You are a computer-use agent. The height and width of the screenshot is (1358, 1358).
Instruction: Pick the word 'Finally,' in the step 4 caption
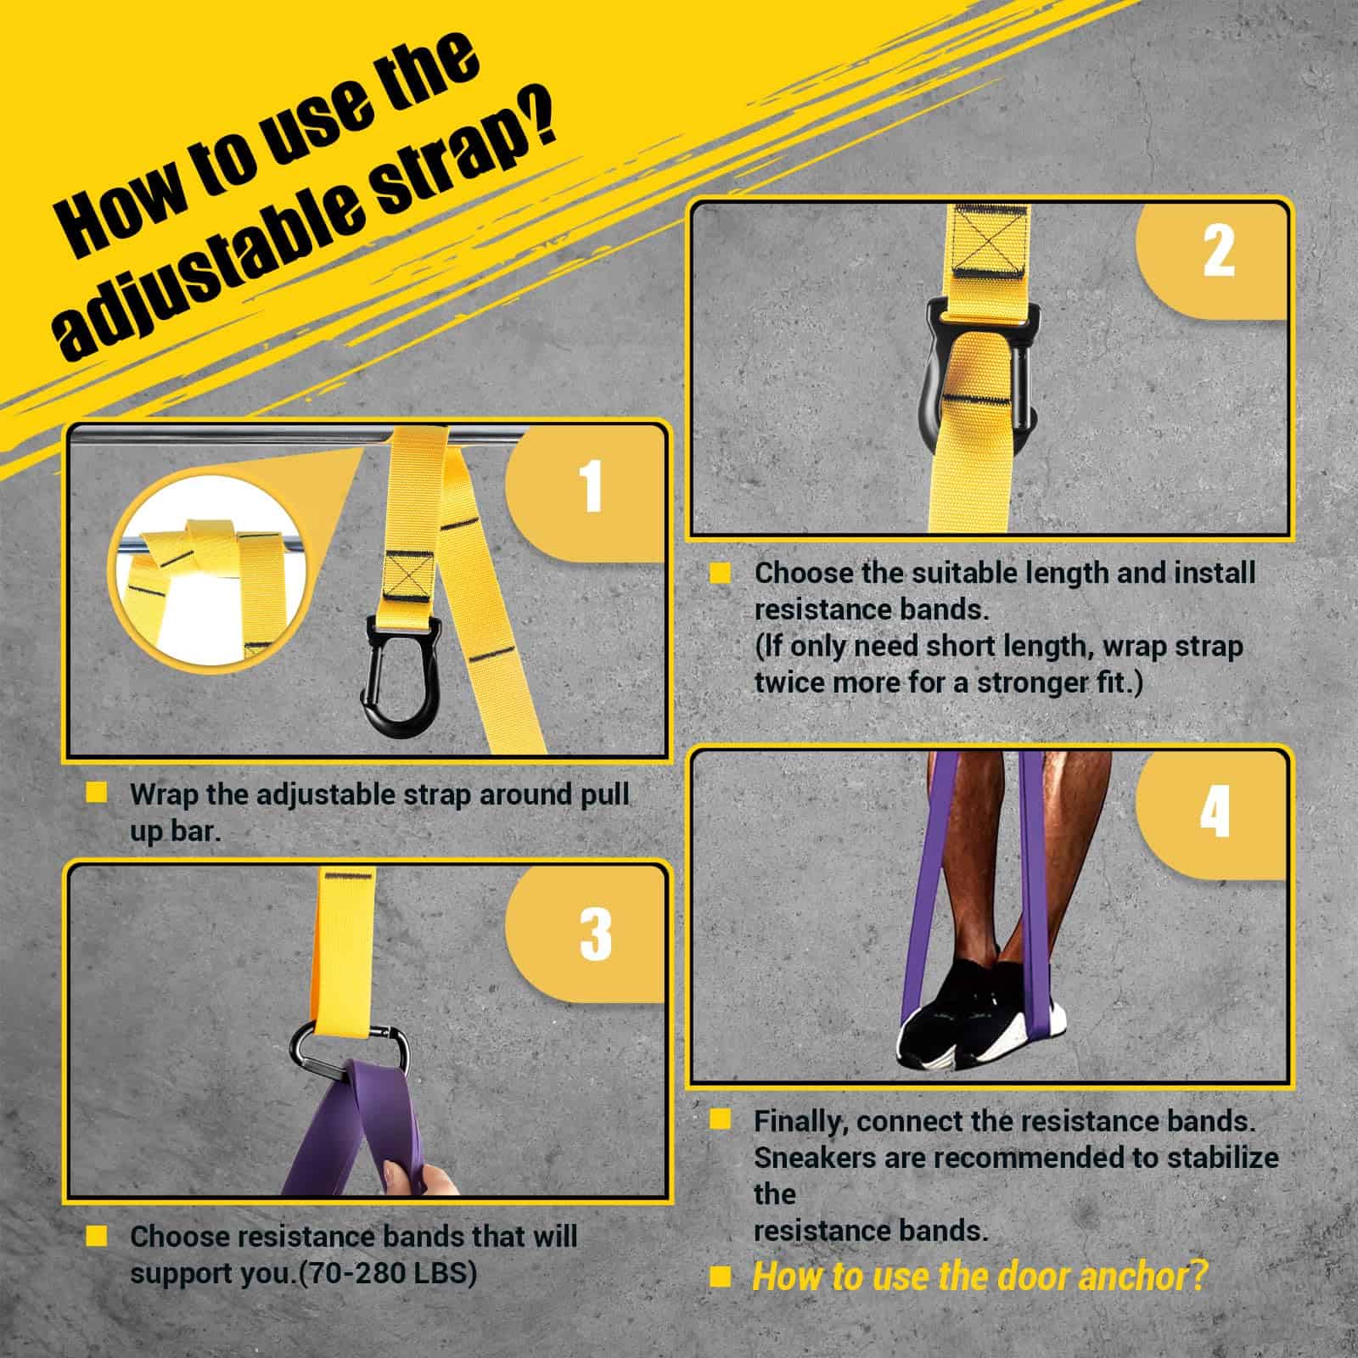tap(800, 1122)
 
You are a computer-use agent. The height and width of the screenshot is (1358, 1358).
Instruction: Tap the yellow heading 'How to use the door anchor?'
tap(979, 1276)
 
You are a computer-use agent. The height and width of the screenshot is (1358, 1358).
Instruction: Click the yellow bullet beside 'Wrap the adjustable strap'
tap(97, 793)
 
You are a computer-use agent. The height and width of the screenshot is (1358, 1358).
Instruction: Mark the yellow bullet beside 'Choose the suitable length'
tap(720, 572)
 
